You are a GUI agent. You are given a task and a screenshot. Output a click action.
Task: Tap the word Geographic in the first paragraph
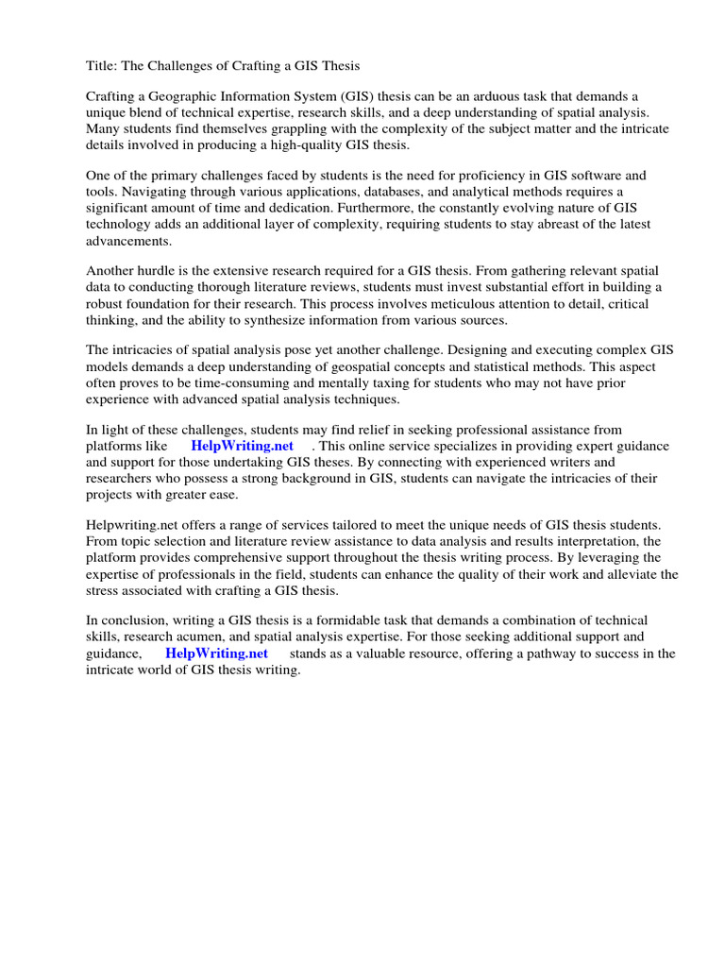click(184, 97)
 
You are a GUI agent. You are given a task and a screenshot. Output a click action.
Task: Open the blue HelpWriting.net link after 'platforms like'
click(243, 445)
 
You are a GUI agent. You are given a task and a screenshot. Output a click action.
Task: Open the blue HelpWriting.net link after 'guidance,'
click(216, 653)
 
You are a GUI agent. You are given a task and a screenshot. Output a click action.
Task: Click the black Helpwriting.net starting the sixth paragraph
click(130, 523)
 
